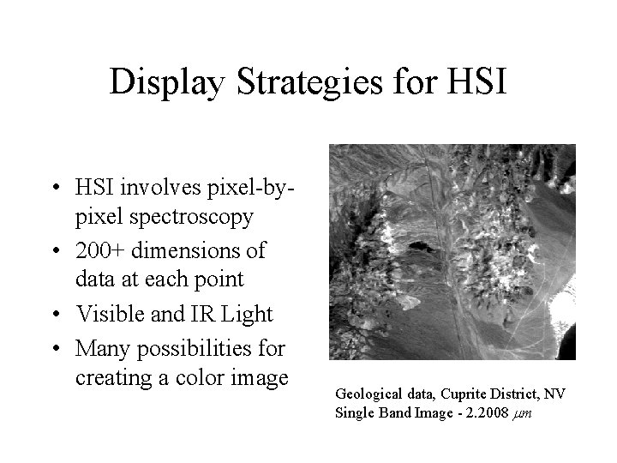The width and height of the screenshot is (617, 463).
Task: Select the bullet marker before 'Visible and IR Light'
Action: tap(54, 315)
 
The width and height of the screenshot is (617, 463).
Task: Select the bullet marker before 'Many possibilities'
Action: tap(54, 347)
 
